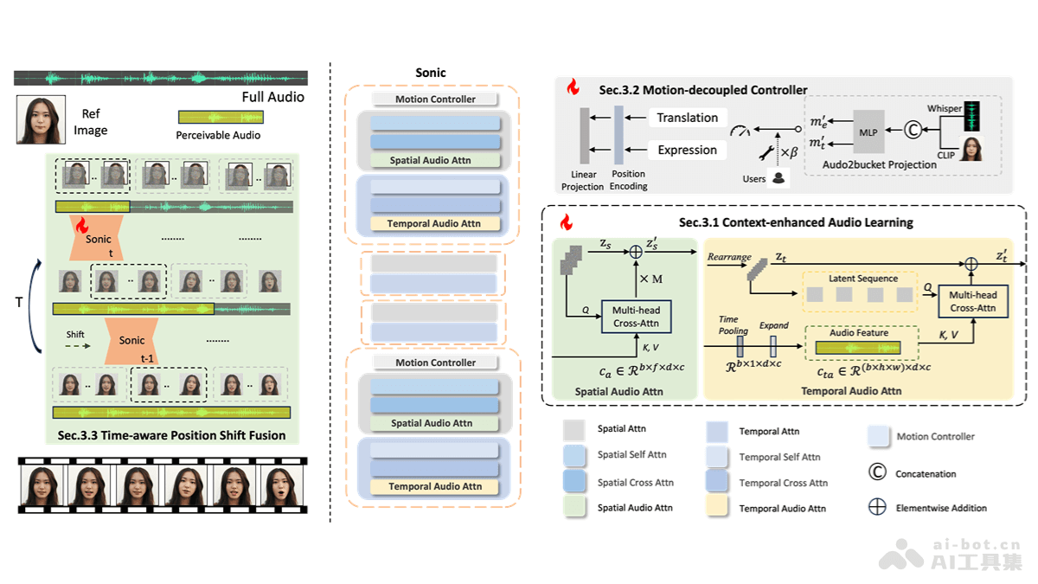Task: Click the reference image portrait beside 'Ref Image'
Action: (41, 119)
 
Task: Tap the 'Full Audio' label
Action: (272, 97)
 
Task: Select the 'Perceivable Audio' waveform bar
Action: (218, 118)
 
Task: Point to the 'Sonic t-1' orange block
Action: (131, 339)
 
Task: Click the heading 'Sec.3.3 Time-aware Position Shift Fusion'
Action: (169, 435)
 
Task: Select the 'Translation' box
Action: (688, 118)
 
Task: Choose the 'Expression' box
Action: (688, 150)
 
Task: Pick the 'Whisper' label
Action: (945, 109)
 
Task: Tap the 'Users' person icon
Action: (778, 178)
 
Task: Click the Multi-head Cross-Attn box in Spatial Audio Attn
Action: (637, 317)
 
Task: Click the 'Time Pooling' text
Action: (734, 325)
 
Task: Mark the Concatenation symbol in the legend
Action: (877, 472)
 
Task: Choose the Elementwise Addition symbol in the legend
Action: (877, 507)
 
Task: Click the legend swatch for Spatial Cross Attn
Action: (575, 481)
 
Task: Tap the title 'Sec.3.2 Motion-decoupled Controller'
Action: (703, 89)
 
